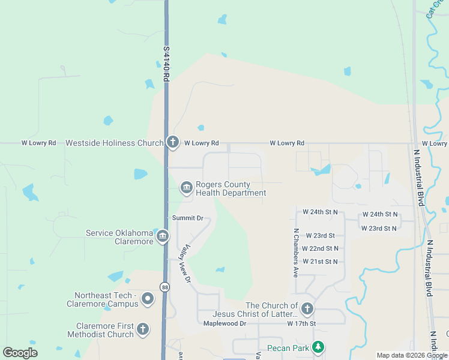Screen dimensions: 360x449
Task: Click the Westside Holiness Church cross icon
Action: [173, 142]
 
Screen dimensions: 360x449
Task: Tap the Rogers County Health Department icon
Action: [186, 188]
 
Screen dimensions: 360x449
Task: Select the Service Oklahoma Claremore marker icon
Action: [162, 237]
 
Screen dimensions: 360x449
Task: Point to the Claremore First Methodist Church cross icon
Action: [143, 329]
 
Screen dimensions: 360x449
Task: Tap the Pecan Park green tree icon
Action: [319, 348]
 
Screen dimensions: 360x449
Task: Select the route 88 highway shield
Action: [164, 287]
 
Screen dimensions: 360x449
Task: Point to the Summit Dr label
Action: [187, 218]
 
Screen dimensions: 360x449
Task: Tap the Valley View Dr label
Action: [184, 263]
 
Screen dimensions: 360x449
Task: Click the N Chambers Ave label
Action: [295, 253]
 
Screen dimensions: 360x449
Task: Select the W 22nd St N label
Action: [320, 248]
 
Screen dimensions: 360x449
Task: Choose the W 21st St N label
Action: [320, 262]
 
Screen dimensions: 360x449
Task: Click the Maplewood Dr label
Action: [224, 324]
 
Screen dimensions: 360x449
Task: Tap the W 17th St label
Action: [301, 324]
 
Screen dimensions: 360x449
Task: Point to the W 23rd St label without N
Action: [320, 236]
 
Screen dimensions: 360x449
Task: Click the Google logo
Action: [20, 353]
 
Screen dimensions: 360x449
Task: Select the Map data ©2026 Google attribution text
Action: [412, 355]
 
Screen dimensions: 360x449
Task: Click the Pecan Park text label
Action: [288, 349]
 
